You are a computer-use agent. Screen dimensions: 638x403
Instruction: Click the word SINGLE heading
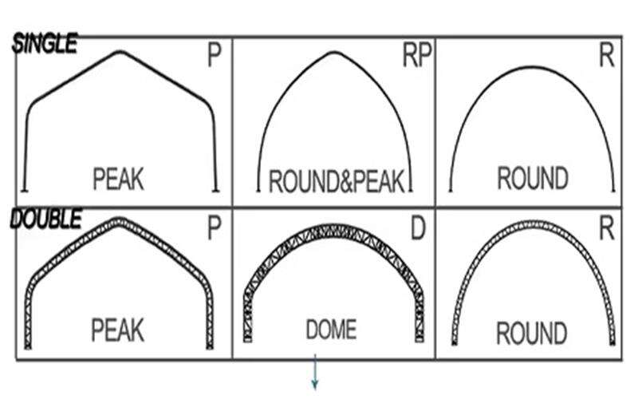(x=45, y=44)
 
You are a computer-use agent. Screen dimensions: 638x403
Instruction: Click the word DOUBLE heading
(x=46, y=218)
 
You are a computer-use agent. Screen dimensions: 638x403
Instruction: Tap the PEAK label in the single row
(x=118, y=179)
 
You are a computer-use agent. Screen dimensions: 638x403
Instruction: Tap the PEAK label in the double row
(x=117, y=330)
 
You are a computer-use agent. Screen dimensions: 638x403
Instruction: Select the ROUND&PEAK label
(x=336, y=181)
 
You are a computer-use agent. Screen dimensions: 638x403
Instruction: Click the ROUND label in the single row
(x=533, y=178)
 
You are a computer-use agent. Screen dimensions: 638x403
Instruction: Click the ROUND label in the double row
(x=531, y=333)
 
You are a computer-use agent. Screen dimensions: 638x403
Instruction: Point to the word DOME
(x=331, y=330)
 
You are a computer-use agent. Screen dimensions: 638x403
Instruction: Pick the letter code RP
(x=416, y=55)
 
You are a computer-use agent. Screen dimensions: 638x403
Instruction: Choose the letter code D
(x=418, y=228)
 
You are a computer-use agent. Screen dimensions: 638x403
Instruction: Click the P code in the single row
(x=215, y=55)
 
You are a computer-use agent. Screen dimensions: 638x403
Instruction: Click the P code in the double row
(x=215, y=228)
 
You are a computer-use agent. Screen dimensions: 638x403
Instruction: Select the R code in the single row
(x=607, y=55)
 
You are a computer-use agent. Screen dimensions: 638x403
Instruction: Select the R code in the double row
(x=607, y=228)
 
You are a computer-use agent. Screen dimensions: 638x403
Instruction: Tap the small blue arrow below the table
(x=314, y=372)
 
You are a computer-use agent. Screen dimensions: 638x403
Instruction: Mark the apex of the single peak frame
(x=119, y=51)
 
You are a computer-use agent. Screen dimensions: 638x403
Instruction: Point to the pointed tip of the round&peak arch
(x=334, y=52)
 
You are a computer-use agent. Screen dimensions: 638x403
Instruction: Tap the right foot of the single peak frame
(x=215, y=190)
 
